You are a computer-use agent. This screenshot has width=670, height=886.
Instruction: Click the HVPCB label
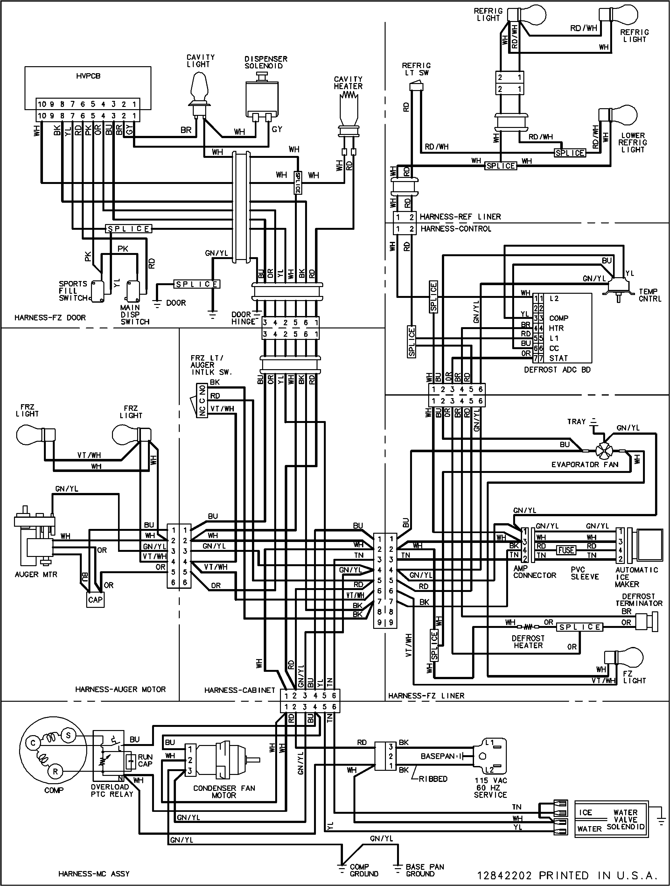(x=88, y=76)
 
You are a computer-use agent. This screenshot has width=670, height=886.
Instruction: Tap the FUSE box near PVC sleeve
(x=566, y=550)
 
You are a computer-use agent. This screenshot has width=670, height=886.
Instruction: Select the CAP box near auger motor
(x=95, y=600)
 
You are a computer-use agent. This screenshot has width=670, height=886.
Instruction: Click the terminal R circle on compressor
(x=55, y=771)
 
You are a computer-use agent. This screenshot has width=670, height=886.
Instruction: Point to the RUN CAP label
(x=145, y=760)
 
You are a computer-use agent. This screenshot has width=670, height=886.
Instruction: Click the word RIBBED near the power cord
(x=433, y=779)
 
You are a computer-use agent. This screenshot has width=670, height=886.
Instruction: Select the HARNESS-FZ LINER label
(x=426, y=696)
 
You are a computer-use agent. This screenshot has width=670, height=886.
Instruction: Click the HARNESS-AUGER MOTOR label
(x=120, y=689)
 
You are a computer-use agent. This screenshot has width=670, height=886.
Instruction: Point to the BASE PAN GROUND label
(x=424, y=870)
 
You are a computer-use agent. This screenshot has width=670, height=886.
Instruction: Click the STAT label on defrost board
(x=558, y=358)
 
